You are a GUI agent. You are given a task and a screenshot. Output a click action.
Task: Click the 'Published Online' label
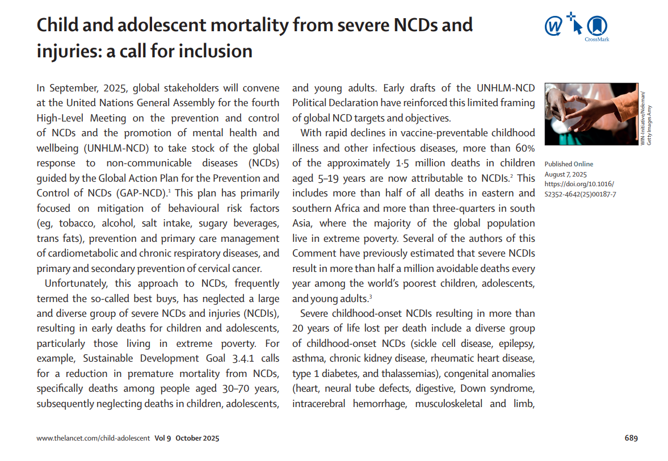coord(569,165)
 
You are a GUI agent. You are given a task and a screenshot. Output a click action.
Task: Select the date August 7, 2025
coord(566,174)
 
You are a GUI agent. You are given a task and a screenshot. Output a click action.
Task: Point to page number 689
coord(631,438)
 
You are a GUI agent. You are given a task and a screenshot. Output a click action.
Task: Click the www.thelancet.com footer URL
coord(94,438)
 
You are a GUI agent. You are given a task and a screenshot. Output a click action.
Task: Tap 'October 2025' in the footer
coord(197,438)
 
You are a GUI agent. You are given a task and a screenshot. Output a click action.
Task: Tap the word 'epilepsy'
coord(516,343)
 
